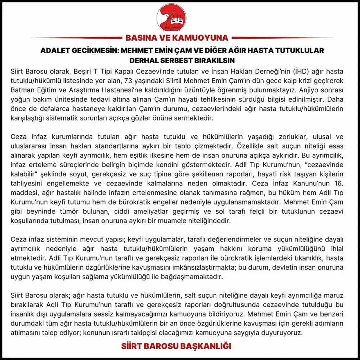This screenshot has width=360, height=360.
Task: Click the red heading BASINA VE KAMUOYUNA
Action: (x=177, y=38)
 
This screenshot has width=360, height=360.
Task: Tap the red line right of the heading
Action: (x=282, y=38)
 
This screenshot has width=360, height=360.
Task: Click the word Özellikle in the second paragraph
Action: (x=248, y=147)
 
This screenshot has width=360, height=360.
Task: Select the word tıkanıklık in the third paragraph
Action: (x=311, y=258)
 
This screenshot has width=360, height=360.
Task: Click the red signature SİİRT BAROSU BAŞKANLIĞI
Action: (x=176, y=346)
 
